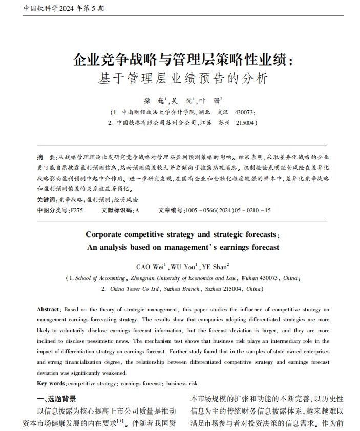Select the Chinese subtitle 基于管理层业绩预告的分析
coord(182,80)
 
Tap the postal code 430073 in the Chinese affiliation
coord(245,112)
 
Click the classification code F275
coord(77,210)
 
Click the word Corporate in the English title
coord(104,235)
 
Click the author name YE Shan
coord(215,267)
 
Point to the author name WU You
coord(182,267)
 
